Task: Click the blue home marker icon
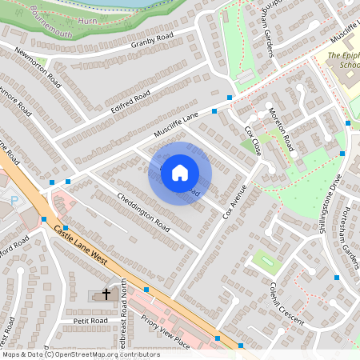click(180, 173)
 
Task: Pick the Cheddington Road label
click(143, 210)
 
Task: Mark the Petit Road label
click(90, 321)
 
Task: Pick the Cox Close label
click(254, 140)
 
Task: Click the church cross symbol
click(106, 296)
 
